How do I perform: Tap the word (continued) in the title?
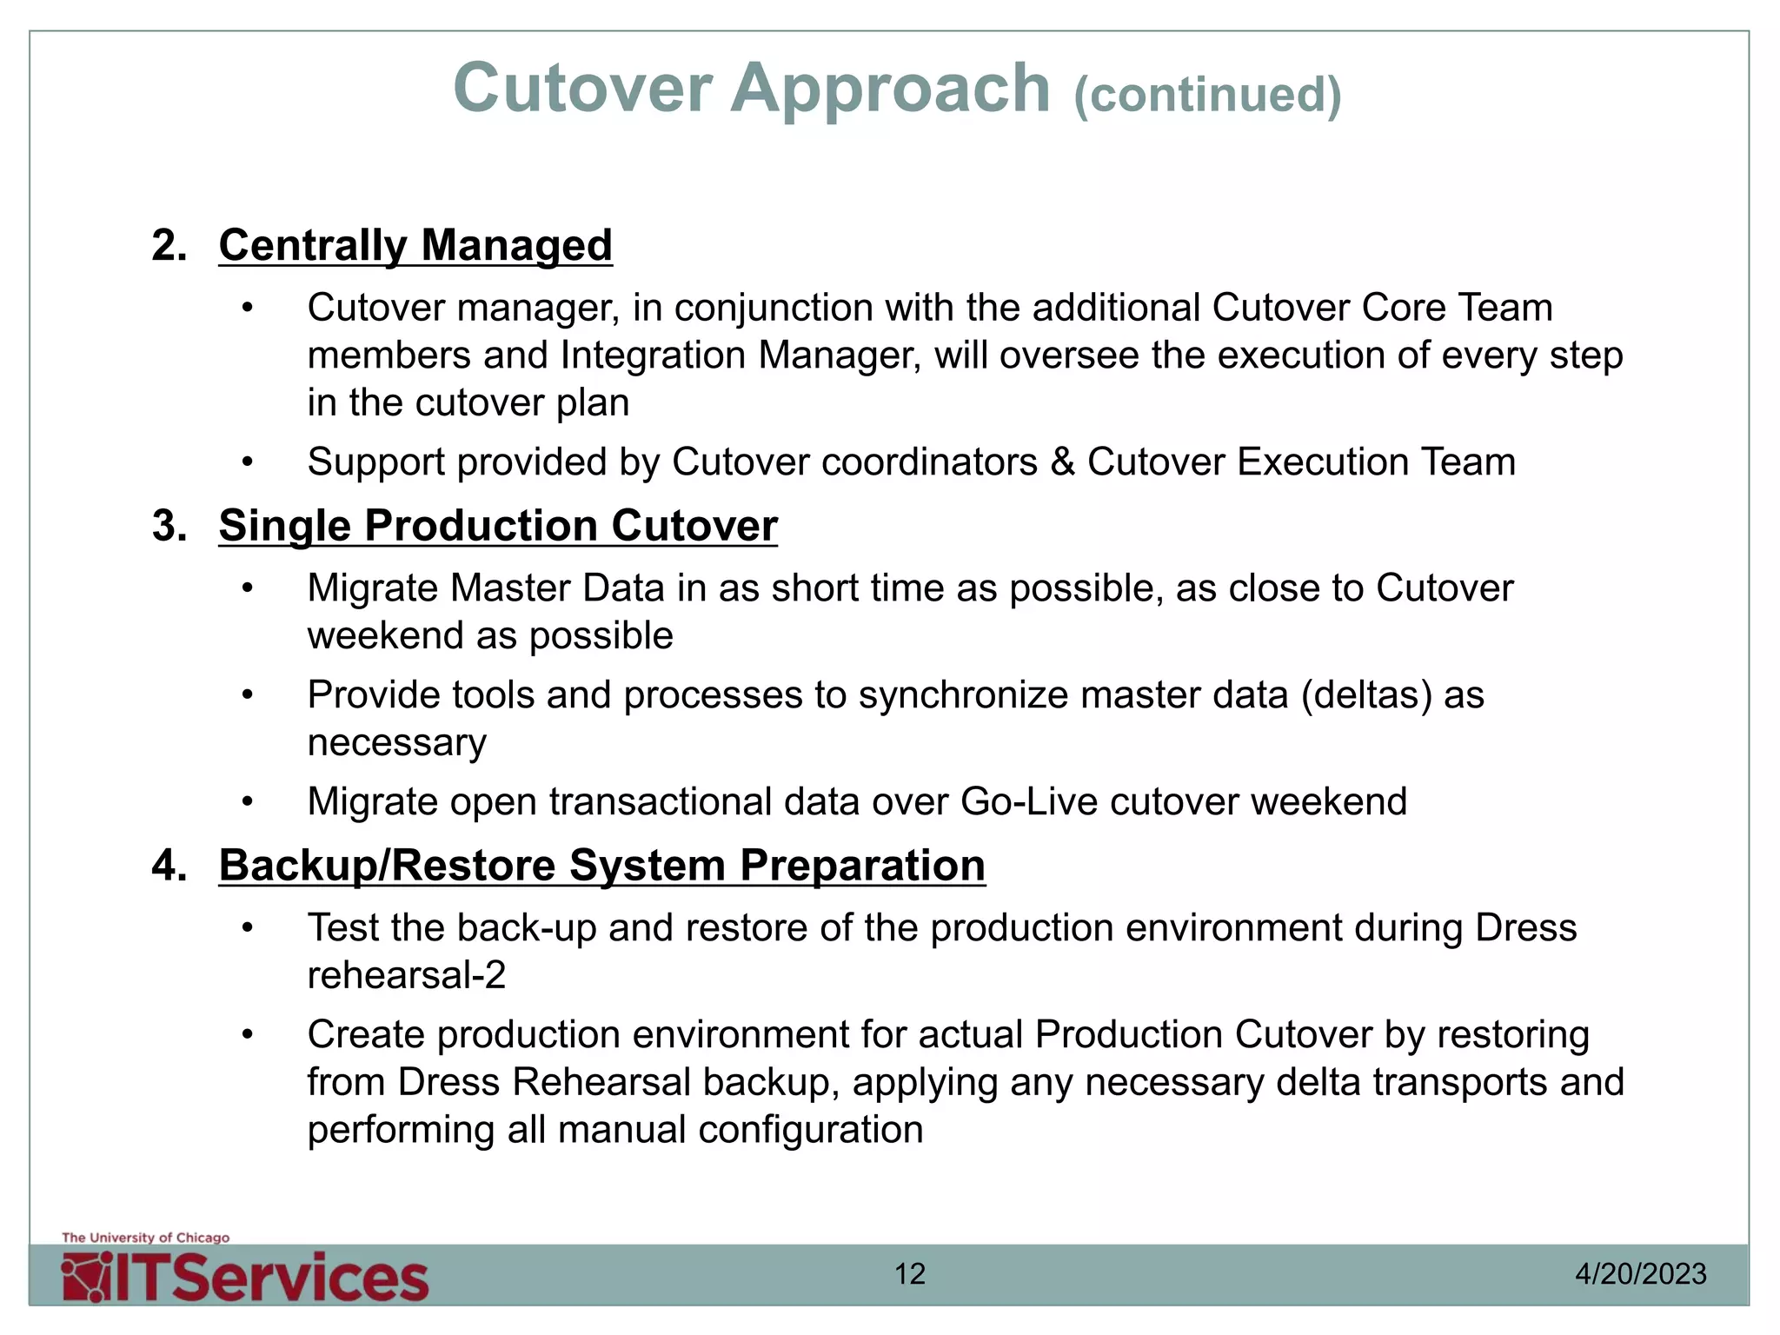pos(1208,94)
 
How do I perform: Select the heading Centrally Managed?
pos(415,245)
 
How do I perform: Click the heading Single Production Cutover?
pos(498,526)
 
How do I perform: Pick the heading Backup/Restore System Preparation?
pos(602,866)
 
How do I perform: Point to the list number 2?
pos(169,245)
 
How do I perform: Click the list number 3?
pos(169,526)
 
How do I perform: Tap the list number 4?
pos(169,866)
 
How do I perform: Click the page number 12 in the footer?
pos(910,1274)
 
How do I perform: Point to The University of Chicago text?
pos(146,1238)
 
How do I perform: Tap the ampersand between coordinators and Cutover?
pos(1062,462)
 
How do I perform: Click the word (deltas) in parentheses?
pos(1366,695)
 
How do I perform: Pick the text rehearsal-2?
pos(407,975)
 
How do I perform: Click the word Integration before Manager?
pos(653,355)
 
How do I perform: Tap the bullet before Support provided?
pos(248,462)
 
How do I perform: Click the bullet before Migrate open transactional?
pos(248,802)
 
